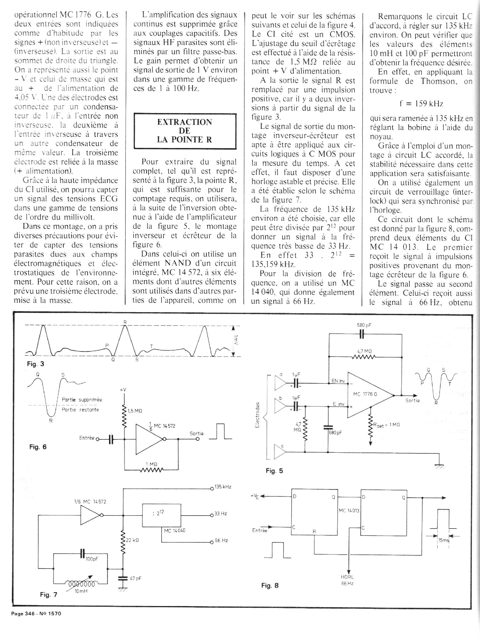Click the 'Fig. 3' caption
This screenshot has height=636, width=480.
click(x=35, y=364)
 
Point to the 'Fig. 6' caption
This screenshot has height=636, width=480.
click(x=38, y=447)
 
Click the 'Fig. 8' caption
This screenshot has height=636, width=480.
click(x=270, y=585)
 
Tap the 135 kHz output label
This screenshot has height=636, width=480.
click(x=222, y=487)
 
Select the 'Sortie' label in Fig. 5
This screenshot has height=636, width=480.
click(x=412, y=400)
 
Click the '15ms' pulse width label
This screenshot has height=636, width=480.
click(x=444, y=541)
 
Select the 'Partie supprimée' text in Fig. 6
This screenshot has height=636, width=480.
click(x=82, y=400)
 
